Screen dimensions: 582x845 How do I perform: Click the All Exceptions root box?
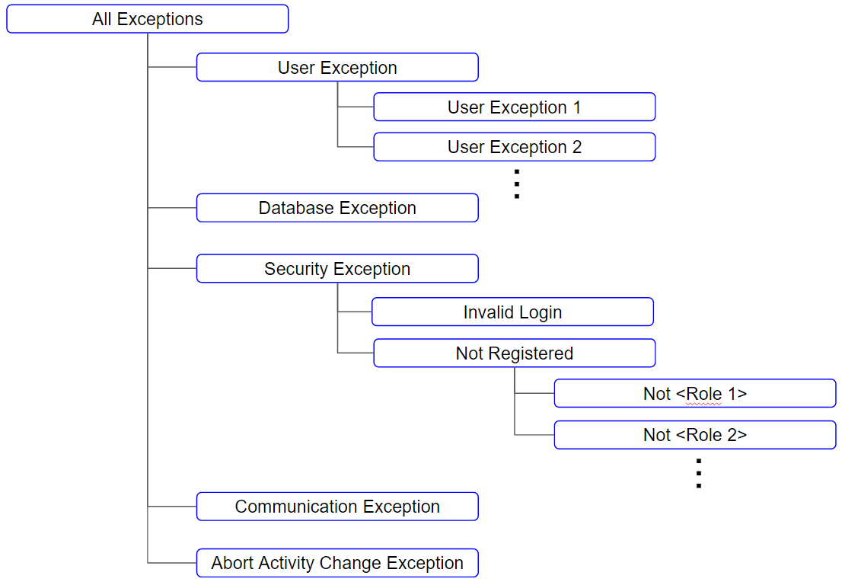pos(147,19)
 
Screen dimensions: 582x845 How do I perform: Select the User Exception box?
pos(337,68)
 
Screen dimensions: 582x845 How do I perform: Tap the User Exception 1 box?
pos(514,107)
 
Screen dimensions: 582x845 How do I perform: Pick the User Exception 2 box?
pos(514,147)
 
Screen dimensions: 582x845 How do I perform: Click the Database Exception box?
pos(337,208)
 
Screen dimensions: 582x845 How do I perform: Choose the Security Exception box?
pos(337,269)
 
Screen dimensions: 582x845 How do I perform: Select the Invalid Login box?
pos(512,312)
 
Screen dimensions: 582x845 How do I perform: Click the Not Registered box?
pos(514,353)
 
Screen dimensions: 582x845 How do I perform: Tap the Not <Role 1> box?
pos(694,394)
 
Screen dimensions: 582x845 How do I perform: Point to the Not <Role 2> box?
pos(694,435)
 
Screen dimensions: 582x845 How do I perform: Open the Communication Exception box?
pos(337,507)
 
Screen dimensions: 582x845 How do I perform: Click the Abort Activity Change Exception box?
pos(337,563)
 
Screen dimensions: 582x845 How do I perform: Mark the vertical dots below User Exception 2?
pos(516,184)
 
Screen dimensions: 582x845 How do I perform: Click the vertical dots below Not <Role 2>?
pos(698,473)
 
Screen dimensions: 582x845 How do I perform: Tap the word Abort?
pos(231,563)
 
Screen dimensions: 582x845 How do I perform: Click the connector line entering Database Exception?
pos(172,207)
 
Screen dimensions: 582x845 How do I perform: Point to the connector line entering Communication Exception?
pos(172,506)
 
